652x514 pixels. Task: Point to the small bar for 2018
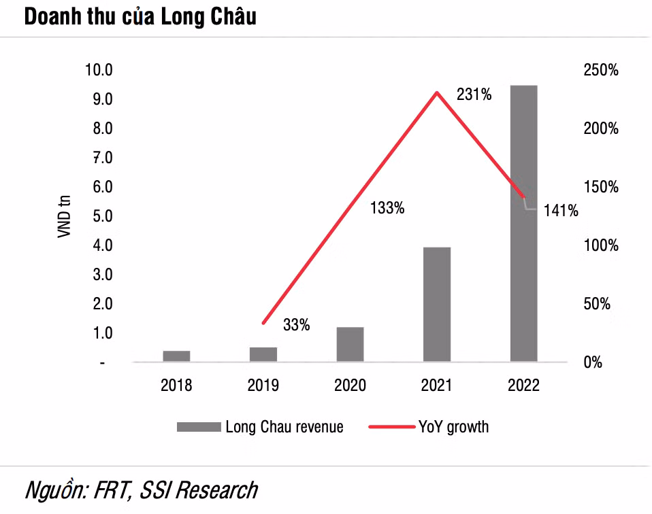pyautogui.click(x=176, y=356)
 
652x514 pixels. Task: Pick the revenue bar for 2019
pyautogui.click(x=263, y=354)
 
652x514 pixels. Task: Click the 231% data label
pyautogui.click(x=474, y=95)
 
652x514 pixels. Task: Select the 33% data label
pyautogui.click(x=296, y=326)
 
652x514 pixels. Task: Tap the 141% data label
pyautogui.click(x=561, y=211)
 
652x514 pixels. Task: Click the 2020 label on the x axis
pyautogui.click(x=350, y=386)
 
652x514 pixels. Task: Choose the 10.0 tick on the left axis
pyautogui.click(x=99, y=71)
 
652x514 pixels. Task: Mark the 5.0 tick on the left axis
pyautogui.click(x=99, y=216)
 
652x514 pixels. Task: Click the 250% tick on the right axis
pyautogui.click(x=601, y=71)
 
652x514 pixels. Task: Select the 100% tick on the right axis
pyautogui.click(x=601, y=245)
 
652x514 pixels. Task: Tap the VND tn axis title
pyautogui.click(x=65, y=216)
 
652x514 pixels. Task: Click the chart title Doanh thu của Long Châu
pyautogui.click(x=140, y=17)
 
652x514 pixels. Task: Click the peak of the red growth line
pyautogui.click(x=436, y=92)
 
